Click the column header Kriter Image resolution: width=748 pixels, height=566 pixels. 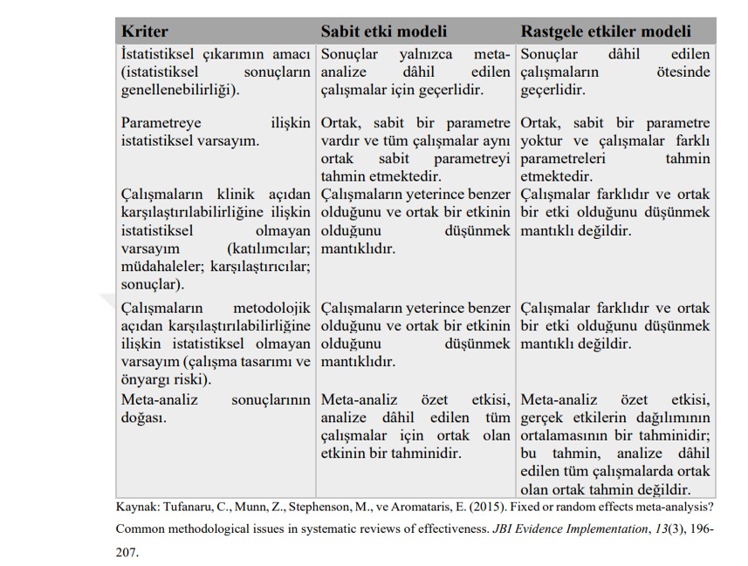[144, 31]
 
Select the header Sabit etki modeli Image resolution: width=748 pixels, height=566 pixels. [384, 31]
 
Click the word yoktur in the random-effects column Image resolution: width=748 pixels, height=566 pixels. [544, 140]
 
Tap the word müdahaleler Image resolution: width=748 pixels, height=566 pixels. [161, 266]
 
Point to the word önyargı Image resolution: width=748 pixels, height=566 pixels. [145, 379]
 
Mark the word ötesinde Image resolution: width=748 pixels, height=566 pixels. [683, 72]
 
